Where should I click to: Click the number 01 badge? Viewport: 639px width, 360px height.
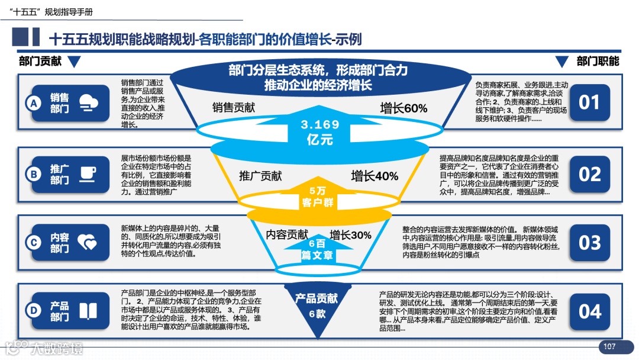point(589,103)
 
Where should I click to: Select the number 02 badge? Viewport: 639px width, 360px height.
point(589,174)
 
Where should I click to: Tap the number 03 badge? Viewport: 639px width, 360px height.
point(589,243)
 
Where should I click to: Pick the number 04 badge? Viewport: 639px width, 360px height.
point(589,311)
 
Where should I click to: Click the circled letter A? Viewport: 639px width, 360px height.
point(34,104)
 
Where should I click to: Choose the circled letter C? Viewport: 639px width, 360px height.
point(34,242)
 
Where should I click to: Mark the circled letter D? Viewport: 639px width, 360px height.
point(34,311)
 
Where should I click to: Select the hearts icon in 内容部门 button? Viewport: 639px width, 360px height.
point(88,242)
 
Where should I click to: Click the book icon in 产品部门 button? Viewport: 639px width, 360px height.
point(88,311)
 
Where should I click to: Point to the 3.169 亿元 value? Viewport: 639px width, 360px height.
point(320,132)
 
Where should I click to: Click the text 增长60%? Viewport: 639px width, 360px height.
point(404,108)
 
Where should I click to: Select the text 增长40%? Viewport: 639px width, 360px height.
point(375,176)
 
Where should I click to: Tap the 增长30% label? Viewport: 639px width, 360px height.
point(350,235)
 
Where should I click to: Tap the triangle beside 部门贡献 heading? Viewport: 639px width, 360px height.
point(73,62)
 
